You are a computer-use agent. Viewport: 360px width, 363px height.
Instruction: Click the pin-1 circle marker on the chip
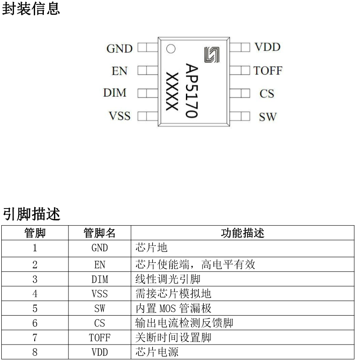171,49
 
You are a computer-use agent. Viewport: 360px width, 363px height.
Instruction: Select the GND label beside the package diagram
119,49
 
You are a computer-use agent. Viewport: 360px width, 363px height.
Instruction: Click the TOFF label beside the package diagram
267,71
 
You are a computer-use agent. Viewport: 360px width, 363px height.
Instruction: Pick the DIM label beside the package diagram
114,93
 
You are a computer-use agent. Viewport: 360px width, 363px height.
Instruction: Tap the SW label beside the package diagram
267,117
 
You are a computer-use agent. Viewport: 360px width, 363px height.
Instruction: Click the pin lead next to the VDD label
239,47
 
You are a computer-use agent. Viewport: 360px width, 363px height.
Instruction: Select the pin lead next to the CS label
239,93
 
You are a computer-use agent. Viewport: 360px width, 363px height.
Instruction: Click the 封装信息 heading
31,9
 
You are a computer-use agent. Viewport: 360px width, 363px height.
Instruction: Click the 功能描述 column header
242,233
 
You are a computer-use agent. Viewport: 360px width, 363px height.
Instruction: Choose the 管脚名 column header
100,233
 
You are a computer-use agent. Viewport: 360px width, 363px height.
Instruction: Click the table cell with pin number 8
35,352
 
